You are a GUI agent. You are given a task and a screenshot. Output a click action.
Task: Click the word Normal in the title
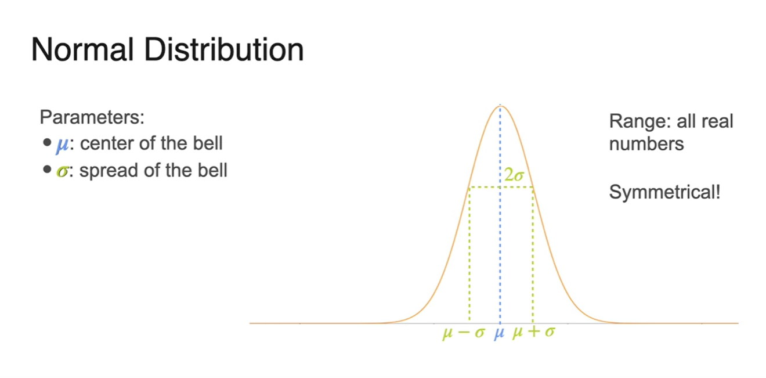click(x=82, y=49)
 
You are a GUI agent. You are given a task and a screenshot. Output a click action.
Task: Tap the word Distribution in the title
click(x=224, y=49)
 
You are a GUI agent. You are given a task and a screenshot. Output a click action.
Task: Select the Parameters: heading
click(x=92, y=117)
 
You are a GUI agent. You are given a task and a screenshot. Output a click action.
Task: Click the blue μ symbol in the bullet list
click(x=62, y=145)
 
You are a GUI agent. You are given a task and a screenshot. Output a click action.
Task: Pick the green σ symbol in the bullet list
click(x=62, y=171)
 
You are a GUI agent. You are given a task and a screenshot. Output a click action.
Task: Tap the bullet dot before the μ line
click(x=47, y=142)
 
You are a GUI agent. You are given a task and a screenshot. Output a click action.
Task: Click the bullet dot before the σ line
click(x=47, y=170)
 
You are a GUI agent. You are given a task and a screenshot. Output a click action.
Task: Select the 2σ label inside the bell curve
click(x=514, y=175)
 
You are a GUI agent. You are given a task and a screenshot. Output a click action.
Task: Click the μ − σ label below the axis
click(x=464, y=333)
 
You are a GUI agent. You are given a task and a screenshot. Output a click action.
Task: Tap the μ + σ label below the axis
click(x=533, y=332)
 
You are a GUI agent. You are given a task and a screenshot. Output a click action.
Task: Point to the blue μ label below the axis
click(x=499, y=333)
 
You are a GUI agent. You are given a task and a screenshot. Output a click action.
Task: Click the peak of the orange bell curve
click(x=500, y=106)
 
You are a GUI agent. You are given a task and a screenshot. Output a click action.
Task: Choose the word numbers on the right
click(x=646, y=144)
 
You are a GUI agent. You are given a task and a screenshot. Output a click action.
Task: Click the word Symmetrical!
click(x=665, y=192)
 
